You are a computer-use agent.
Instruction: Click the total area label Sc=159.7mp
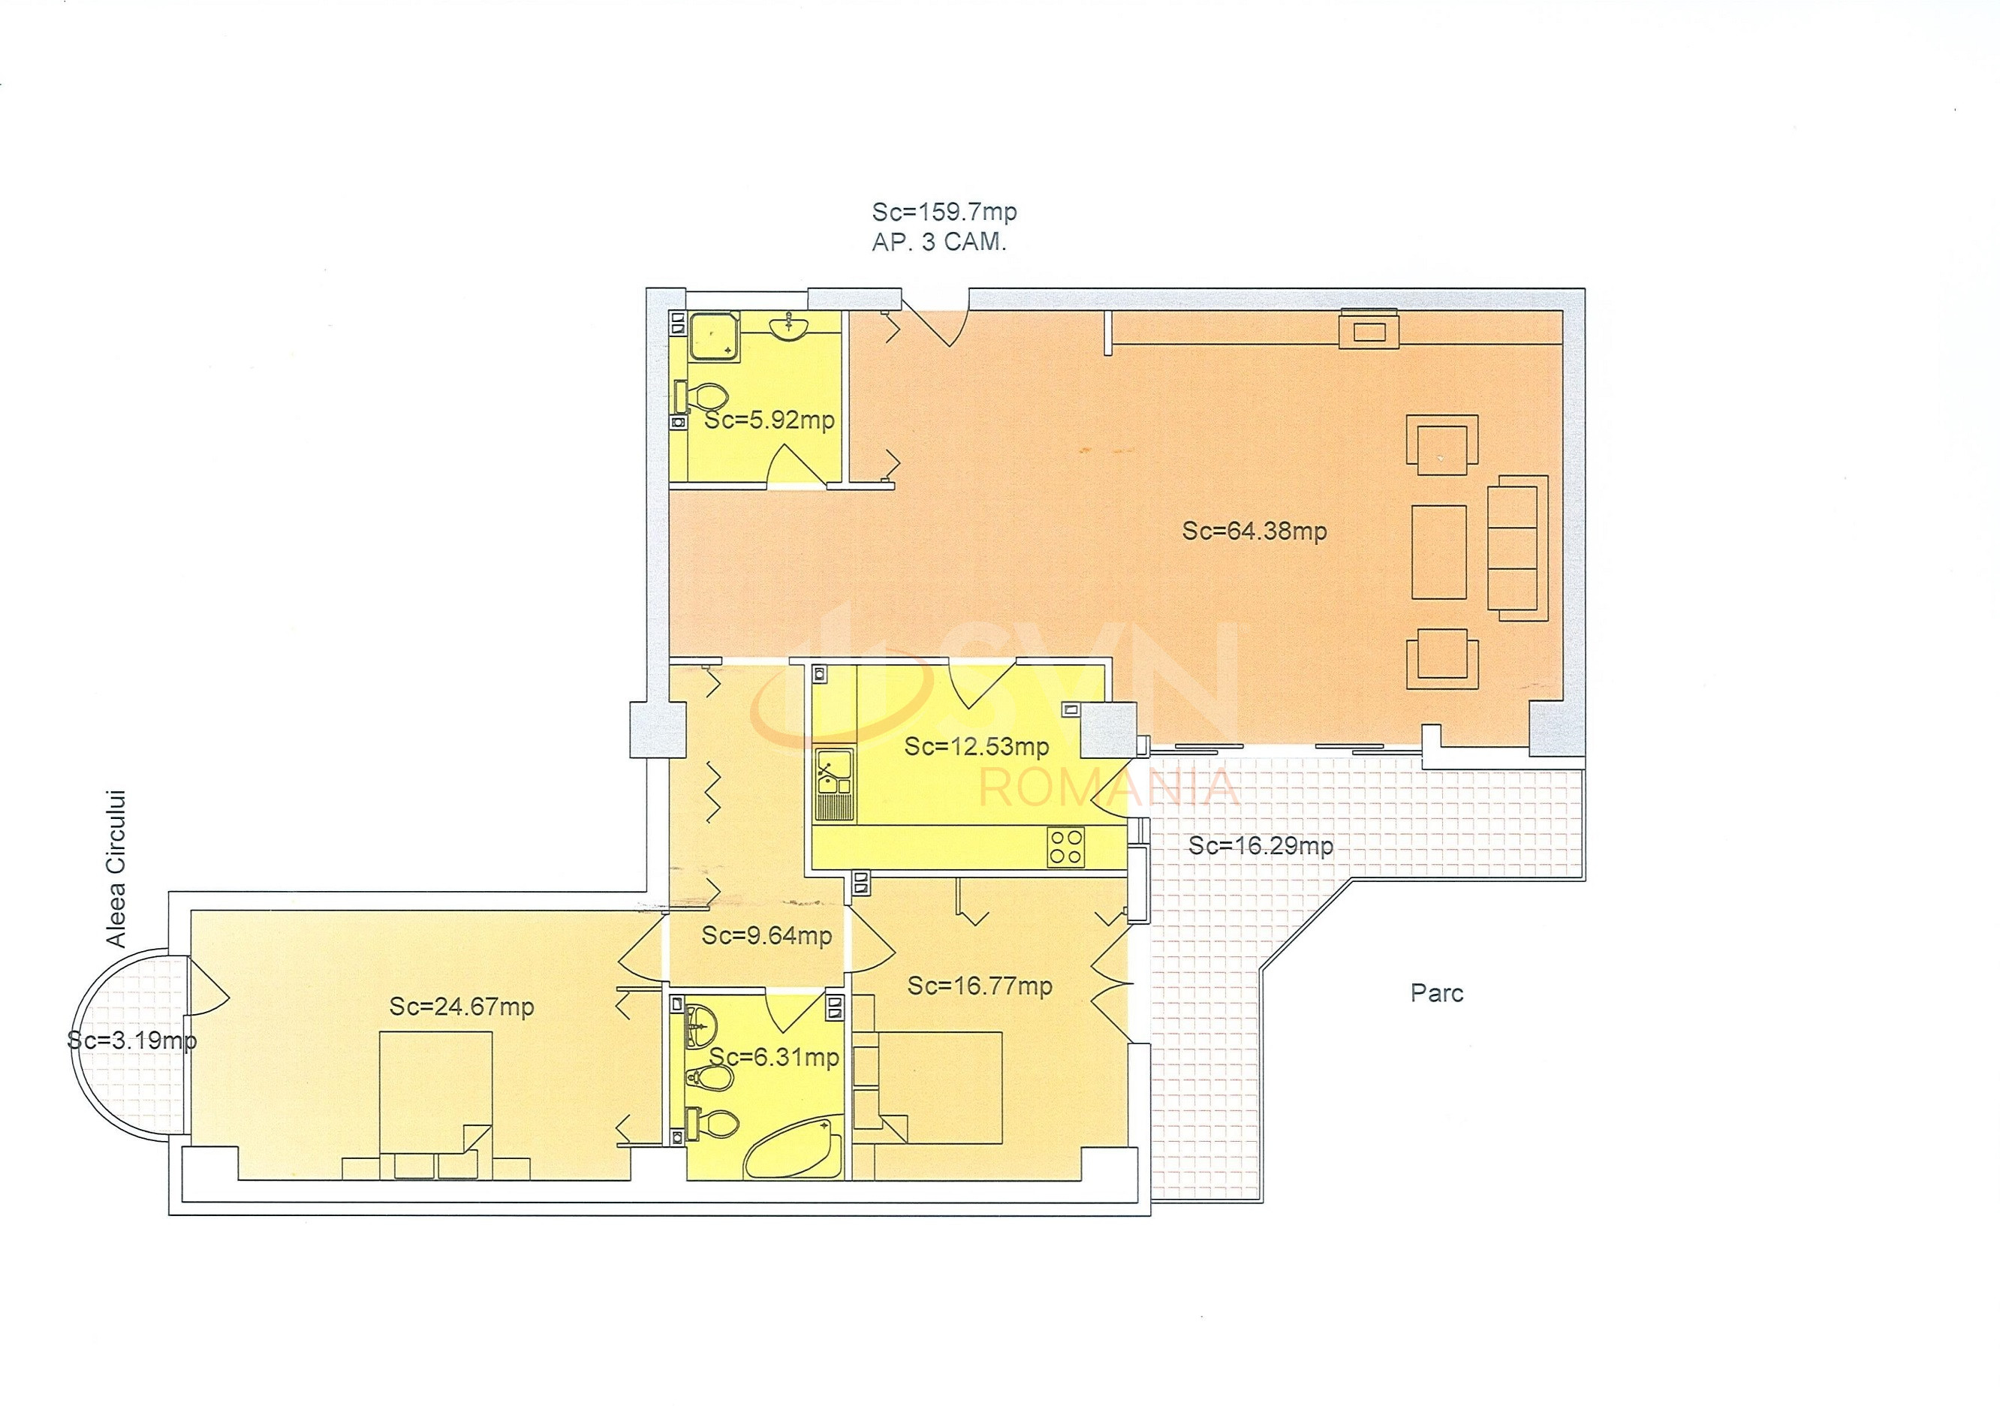coord(944,212)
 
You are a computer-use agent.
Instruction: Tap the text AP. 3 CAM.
coord(939,242)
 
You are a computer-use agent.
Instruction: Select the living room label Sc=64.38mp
coord(1255,531)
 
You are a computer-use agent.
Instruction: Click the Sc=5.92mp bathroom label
coord(770,420)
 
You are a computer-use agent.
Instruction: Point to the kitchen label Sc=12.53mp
coord(977,747)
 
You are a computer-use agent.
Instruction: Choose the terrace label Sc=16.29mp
coord(1261,846)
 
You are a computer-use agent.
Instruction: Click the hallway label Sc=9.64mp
coord(767,935)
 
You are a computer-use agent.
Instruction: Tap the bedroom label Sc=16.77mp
coord(980,986)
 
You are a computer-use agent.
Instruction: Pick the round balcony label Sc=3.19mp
coord(131,1040)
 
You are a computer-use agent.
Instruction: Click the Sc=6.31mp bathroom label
coord(774,1058)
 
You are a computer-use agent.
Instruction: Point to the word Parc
coord(1437,993)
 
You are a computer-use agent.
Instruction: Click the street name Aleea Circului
coord(116,869)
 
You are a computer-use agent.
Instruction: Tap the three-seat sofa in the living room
coord(1517,547)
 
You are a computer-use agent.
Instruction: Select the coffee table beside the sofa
coord(1438,552)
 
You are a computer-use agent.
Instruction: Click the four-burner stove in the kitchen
coord(1066,846)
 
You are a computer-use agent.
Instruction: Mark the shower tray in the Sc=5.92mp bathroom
coord(715,336)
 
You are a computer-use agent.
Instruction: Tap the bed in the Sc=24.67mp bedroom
coord(436,1104)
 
